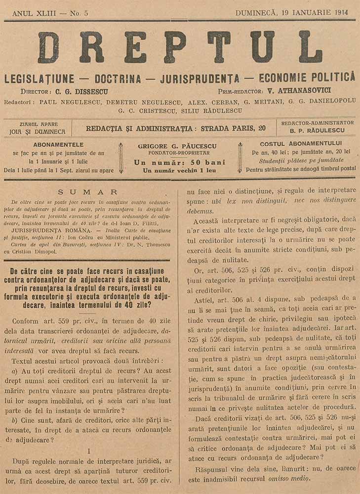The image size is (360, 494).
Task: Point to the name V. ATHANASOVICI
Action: tap(289, 91)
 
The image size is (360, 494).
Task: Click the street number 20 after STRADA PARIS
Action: tap(262, 128)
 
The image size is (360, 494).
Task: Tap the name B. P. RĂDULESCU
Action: tap(318, 131)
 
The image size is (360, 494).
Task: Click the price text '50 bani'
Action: tap(208, 162)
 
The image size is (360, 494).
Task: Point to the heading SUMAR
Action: tap(87, 192)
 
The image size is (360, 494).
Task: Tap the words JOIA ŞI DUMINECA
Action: tap(37, 132)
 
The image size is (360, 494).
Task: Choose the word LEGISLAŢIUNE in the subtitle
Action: tap(39, 78)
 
